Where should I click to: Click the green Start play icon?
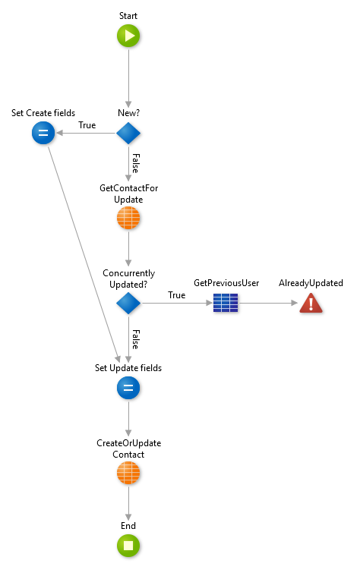click(128, 36)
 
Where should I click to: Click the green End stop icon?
click(128, 545)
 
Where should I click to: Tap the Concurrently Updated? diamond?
click(128, 304)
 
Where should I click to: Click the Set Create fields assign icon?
click(43, 133)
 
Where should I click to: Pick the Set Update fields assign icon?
click(128, 389)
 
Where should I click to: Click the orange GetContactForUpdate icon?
click(128, 219)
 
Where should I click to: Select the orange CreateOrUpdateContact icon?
click(128, 474)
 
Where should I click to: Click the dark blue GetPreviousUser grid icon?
click(226, 304)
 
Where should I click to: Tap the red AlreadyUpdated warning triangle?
click(311, 304)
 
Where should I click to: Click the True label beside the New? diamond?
click(87, 125)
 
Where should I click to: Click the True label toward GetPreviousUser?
click(176, 295)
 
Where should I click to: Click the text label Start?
click(128, 16)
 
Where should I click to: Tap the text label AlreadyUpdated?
click(311, 283)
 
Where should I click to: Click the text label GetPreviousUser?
click(226, 283)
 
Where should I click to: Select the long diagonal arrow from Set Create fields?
click(83, 250)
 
